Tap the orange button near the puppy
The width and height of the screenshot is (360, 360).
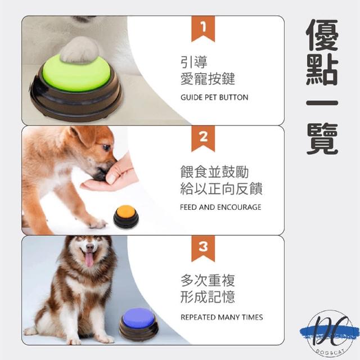tap(126, 216)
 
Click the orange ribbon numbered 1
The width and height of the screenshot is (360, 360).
tap(203, 29)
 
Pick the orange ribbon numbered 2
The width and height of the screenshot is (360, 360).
tap(203, 139)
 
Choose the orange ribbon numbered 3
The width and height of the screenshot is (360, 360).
tap(203, 249)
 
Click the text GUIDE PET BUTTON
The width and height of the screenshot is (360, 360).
tap(214, 97)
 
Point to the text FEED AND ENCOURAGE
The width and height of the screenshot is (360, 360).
tap(220, 207)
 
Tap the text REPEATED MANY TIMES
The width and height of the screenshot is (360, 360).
tap(222, 317)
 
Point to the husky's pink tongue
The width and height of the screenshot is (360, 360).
tap(89, 259)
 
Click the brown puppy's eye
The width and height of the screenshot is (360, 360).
tap(106, 147)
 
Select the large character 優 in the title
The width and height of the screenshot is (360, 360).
tap(322, 35)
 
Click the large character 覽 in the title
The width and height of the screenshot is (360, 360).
tap(322, 139)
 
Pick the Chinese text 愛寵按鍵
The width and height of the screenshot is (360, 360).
tap(208, 79)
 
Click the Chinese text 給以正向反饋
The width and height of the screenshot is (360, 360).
tap(221, 188)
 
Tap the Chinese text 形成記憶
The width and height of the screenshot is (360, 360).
tap(208, 297)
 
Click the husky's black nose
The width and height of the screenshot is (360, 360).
tap(90, 247)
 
